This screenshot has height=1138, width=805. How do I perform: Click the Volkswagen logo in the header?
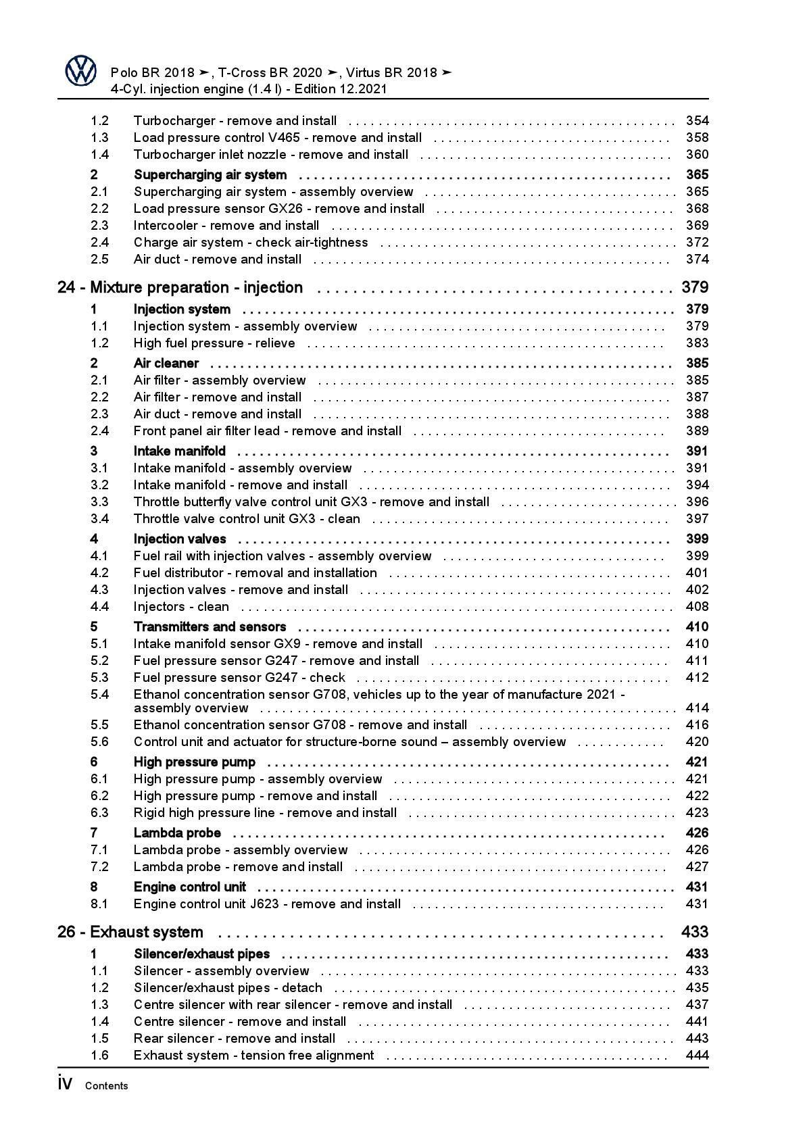[81, 71]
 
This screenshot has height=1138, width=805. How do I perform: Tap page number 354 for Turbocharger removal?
[697, 121]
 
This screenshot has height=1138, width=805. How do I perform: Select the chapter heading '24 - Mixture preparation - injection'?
[180, 288]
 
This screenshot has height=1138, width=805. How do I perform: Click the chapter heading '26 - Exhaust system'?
[130, 933]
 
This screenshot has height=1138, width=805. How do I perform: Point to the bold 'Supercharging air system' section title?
[210, 175]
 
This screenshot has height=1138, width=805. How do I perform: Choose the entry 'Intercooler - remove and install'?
[226, 226]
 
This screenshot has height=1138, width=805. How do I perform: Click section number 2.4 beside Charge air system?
[99, 243]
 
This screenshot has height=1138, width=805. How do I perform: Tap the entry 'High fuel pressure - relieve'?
[214, 343]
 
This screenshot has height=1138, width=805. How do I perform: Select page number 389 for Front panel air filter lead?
[697, 431]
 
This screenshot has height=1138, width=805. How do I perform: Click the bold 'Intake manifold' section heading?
[180, 451]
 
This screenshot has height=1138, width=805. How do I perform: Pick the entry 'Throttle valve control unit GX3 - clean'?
[247, 519]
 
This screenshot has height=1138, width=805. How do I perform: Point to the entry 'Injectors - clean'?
[181, 607]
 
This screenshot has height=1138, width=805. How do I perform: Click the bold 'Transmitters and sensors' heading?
[210, 627]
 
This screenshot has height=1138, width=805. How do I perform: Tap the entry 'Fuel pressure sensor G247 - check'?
[239, 678]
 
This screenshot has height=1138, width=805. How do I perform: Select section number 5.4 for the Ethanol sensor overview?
[99, 695]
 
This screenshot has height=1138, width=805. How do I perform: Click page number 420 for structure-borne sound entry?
[697, 742]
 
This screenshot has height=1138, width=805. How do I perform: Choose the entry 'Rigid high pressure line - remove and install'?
[265, 813]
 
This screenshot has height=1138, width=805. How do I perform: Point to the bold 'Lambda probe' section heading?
[177, 833]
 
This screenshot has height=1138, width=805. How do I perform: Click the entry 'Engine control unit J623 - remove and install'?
[267, 904]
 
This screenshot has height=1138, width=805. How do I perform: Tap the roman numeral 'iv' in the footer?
[65, 1084]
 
